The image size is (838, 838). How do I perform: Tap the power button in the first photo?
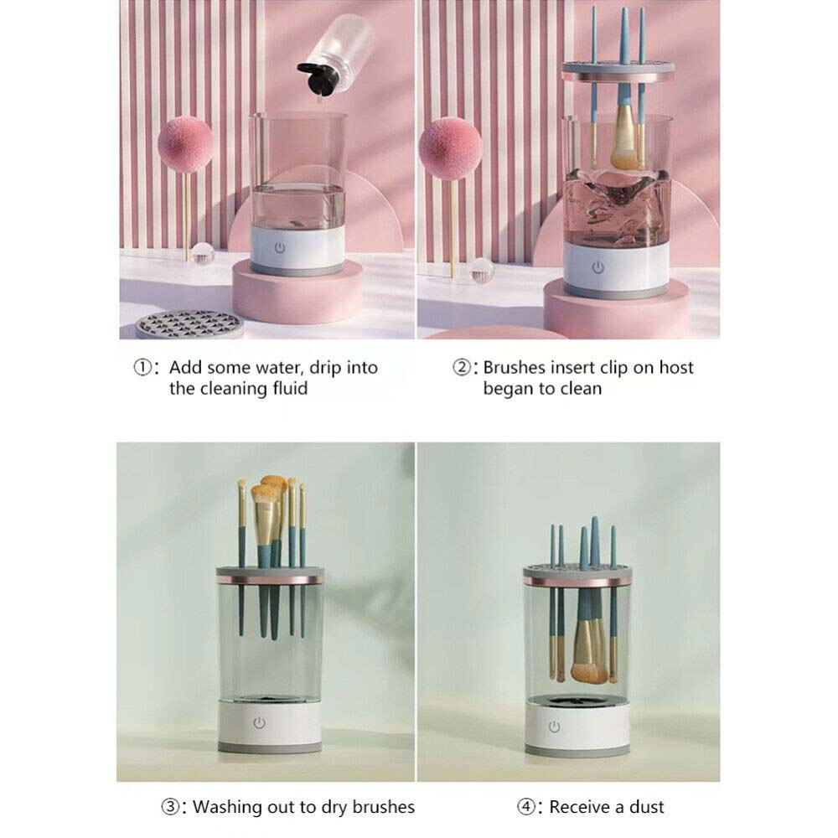click(280, 248)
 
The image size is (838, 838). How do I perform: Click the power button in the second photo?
click(598, 266)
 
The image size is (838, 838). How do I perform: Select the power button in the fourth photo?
click(554, 727)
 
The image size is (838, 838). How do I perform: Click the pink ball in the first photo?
click(186, 144)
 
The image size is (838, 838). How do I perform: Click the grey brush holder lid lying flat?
click(189, 323)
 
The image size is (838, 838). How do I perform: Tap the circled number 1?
click(142, 367)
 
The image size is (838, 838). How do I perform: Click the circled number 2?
click(461, 367)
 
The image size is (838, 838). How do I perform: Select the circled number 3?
click(170, 806)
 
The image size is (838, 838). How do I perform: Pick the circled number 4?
click(526, 806)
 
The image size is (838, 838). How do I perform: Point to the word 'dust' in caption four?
click(647, 807)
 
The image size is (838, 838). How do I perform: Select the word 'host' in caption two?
click(676, 368)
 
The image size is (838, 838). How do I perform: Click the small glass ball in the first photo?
click(203, 254)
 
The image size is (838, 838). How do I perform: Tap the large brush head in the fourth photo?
click(589, 673)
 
